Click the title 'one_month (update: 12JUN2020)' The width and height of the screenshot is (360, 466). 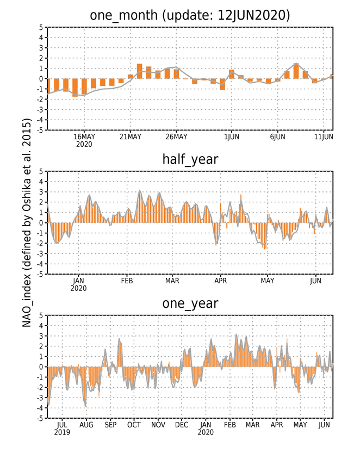pyautogui.click(x=190, y=15)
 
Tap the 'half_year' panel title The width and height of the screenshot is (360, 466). pyautogui.click(x=190, y=159)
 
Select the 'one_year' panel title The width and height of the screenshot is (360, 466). pyautogui.click(x=190, y=303)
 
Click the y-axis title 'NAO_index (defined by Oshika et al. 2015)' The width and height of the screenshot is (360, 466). pyautogui.click(x=27, y=222)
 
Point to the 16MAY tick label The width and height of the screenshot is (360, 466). pyautogui.click(x=84, y=136)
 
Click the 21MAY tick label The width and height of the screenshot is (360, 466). pyautogui.click(x=130, y=136)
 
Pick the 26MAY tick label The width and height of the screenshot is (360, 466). pyautogui.click(x=176, y=136)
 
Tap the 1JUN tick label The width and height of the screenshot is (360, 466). pyautogui.click(x=232, y=136)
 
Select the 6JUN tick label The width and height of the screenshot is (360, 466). pyautogui.click(x=278, y=136)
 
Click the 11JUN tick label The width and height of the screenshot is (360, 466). pyautogui.click(x=324, y=136)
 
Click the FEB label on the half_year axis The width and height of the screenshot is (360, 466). pyautogui.click(x=127, y=281)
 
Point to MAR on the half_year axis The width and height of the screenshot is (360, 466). pyautogui.click(x=172, y=281)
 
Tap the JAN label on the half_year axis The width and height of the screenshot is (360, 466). pyautogui.click(x=78, y=281)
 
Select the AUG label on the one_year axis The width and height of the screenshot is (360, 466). pyautogui.click(x=86, y=425)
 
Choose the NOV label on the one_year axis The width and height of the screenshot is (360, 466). pyautogui.click(x=158, y=425)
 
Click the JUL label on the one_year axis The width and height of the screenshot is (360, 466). pyautogui.click(x=62, y=425)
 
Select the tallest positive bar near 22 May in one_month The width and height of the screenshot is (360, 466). pyautogui.click(x=139, y=71)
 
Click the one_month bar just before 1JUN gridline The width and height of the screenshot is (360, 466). pyautogui.click(x=222, y=84)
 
